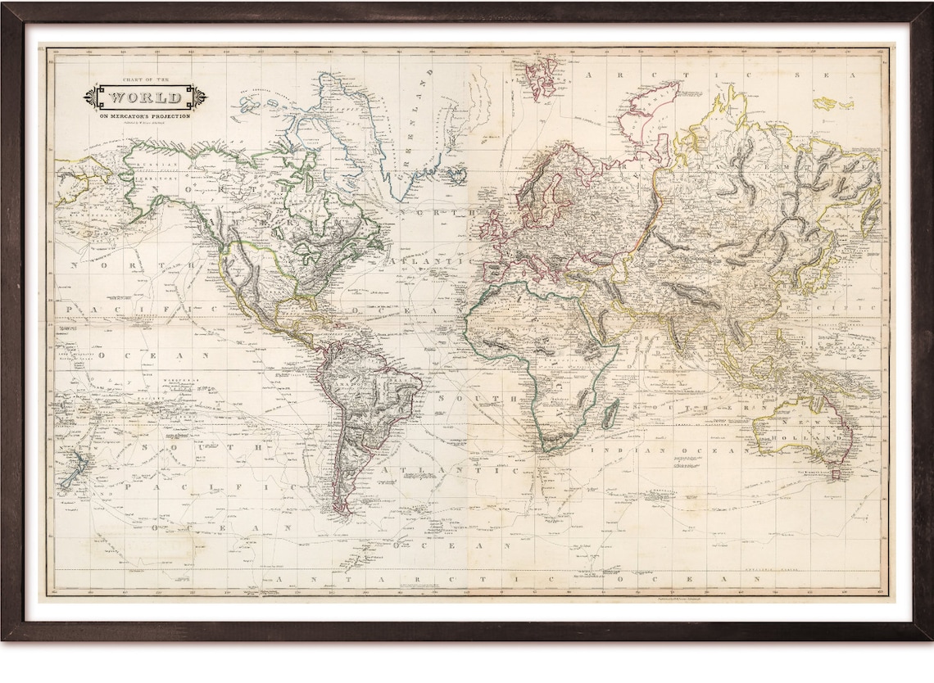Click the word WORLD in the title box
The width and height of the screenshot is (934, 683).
(x=145, y=97)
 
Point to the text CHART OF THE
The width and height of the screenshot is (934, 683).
(x=144, y=80)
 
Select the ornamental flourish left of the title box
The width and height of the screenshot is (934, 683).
(x=91, y=97)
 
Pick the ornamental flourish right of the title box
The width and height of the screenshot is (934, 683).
(x=199, y=97)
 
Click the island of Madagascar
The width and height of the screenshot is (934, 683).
(x=610, y=414)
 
